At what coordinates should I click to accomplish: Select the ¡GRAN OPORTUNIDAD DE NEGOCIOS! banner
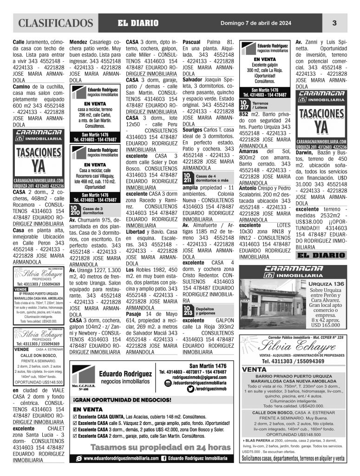click(123, 399)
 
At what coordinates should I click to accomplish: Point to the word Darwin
click(304, 152)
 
